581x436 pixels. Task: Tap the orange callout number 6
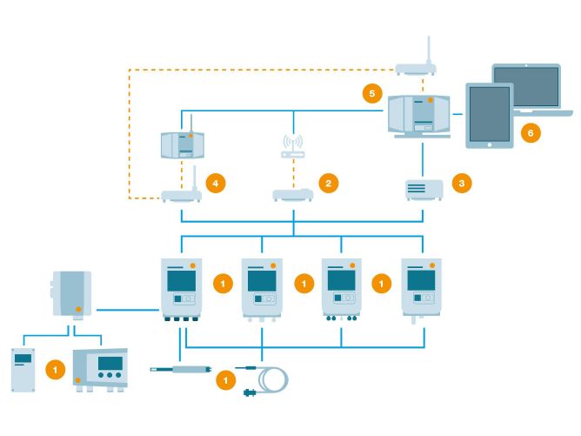[527, 132]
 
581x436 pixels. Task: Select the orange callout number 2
[329, 183]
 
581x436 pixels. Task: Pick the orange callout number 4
[217, 183]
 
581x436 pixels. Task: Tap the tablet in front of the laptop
[488, 115]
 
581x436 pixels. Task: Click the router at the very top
[421, 66]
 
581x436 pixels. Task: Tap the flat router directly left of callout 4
[181, 196]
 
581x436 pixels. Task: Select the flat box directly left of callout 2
[293, 195]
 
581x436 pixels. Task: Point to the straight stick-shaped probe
[178, 369]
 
